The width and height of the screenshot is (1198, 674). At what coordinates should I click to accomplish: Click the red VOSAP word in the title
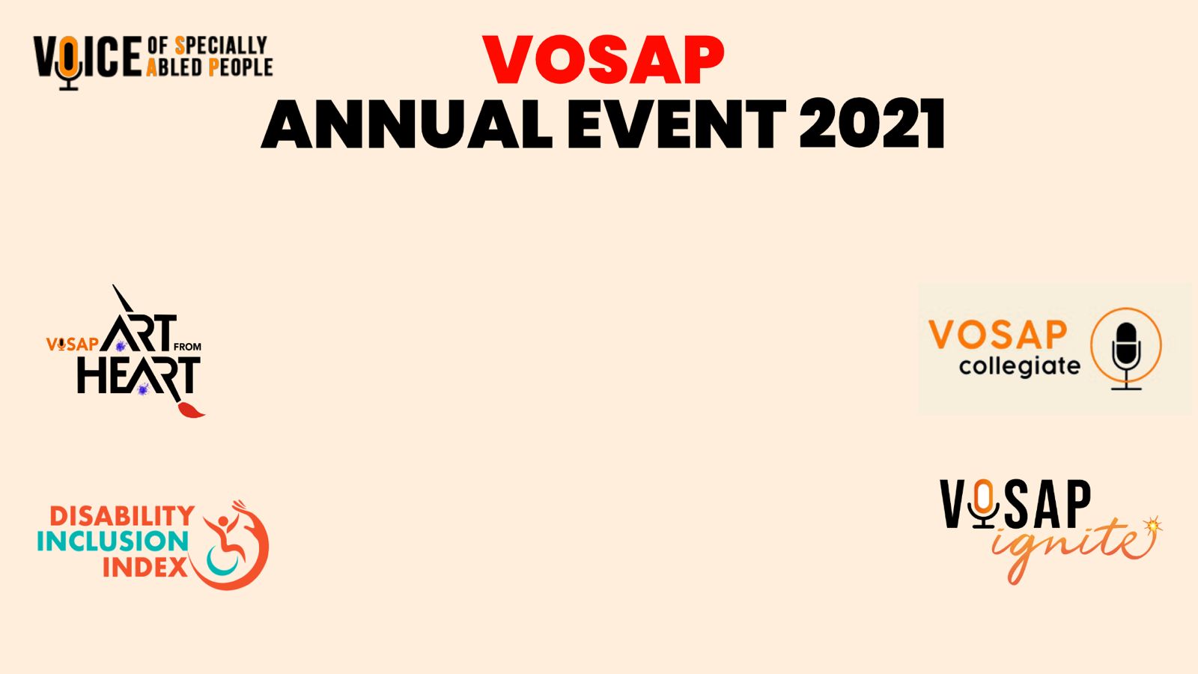click(x=603, y=59)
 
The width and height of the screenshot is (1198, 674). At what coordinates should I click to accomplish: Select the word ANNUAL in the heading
click(x=407, y=124)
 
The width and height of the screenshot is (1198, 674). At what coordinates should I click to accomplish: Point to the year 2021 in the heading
click(x=872, y=124)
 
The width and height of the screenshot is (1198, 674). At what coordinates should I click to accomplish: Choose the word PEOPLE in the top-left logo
click(x=240, y=67)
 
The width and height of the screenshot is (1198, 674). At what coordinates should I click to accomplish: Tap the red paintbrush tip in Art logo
click(x=190, y=410)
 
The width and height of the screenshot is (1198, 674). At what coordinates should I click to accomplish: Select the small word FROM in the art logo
click(x=187, y=347)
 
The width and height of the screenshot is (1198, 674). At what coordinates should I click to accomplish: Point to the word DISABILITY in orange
click(x=122, y=516)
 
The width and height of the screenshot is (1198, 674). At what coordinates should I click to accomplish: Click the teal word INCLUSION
click(x=113, y=541)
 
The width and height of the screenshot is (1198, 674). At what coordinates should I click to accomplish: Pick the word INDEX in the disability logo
click(x=145, y=567)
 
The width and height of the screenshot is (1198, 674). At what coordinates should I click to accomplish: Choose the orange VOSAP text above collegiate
click(x=998, y=335)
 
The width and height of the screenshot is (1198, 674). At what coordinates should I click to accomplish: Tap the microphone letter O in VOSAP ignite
click(x=983, y=503)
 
